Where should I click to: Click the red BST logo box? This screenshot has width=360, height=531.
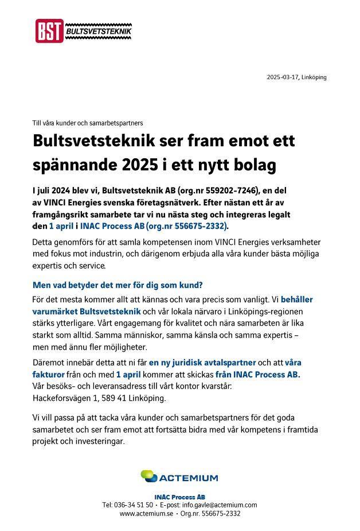(49, 31)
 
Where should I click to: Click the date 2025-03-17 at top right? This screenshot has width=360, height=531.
(283, 77)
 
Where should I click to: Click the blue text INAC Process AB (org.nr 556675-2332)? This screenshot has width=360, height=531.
(154, 226)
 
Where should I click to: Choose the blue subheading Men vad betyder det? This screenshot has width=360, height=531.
(118, 285)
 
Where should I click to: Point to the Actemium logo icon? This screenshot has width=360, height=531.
(148, 476)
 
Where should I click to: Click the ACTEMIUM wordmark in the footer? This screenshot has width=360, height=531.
(189, 478)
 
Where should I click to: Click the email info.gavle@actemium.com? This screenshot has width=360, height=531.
(220, 505)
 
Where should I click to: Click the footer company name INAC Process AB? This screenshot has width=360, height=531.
(180, 497)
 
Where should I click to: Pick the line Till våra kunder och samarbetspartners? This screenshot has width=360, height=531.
(88, 123)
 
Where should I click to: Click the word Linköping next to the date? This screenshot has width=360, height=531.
(314, 77)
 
